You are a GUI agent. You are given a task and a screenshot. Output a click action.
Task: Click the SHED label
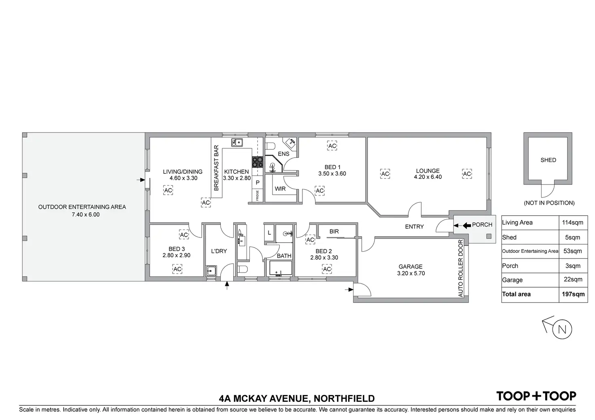click(x=548, y=160)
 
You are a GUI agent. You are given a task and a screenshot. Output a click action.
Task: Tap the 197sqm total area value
click(x=573, y=294)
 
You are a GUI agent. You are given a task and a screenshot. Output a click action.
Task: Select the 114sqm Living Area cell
click(x=573, y=223)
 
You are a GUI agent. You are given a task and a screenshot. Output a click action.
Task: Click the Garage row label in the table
click(x=512, y=280)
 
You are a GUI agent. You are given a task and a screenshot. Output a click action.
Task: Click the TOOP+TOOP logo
click(x=536, y=396)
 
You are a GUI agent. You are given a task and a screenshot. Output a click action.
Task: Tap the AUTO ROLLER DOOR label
click(x=461, y=269)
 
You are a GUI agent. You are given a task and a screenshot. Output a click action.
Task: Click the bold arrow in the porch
click(x=466, y=225)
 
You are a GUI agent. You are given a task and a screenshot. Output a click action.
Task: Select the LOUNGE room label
click(x=428, y=171)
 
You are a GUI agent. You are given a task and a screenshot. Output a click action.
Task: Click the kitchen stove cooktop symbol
click(x=257, y=162)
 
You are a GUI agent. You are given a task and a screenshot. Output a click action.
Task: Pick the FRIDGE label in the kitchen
click(x=257, y=195)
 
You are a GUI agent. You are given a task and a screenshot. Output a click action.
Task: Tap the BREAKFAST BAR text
click(x=216, y=168)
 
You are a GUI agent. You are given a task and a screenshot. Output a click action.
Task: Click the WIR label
click(x=280, y=189)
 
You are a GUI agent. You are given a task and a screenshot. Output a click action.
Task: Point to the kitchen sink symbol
click(x=236, y=142)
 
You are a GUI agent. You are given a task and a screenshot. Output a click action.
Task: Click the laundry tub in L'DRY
click(x=211, y=271)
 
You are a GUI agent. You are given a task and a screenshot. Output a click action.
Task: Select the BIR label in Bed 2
click(x=334, y=231)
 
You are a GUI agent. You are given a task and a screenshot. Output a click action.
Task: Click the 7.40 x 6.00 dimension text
click(x=86, y=214)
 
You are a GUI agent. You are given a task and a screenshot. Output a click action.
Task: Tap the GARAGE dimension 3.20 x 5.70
click(x=410, y=273)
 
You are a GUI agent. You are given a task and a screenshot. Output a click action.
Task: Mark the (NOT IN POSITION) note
click(x=549, y=203)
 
